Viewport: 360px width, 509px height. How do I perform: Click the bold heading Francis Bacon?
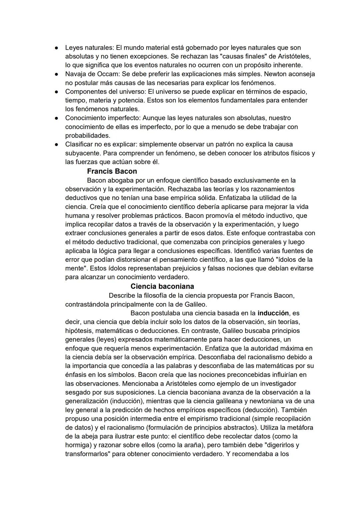point(112,171)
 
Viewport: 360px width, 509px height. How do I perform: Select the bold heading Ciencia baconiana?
point(162,287)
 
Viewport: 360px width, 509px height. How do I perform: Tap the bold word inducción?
point(273,313)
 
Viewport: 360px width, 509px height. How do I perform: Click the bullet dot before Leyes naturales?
point(57,48)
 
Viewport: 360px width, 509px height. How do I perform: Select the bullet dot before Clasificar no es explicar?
point(57,145)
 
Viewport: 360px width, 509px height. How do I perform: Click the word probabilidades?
point(87,136)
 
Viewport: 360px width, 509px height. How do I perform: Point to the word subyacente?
point(83,153)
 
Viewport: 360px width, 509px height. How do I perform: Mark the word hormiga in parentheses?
point(79,445)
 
